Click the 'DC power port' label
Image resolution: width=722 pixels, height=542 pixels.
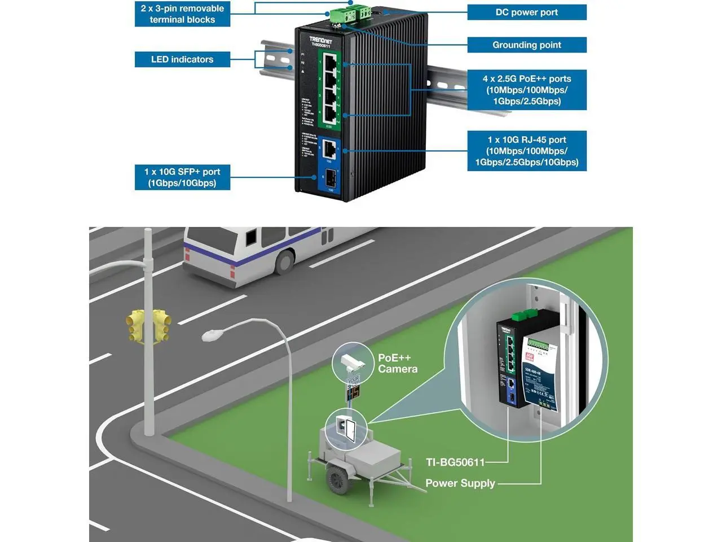click(526, 12)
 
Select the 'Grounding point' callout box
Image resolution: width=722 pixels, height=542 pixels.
click(526, 45)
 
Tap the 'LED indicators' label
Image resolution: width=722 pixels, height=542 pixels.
click(182, 59)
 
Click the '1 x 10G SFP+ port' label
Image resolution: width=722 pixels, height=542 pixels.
click(182, 177)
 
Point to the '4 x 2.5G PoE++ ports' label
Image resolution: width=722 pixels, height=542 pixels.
click(526, 90)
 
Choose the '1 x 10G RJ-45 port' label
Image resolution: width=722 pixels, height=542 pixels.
click(526, 151)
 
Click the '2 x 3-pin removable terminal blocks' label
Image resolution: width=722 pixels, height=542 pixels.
click(182, 14)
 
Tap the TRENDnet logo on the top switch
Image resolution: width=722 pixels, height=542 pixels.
click(320, 40)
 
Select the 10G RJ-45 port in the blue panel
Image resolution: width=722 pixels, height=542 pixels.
click(329, 150)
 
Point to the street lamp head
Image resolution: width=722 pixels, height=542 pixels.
click(212, 335)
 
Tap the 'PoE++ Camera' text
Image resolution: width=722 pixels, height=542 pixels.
click(398, 364)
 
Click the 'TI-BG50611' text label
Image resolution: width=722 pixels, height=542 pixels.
click(455, 462)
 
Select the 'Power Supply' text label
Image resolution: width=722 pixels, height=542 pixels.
click(460, 483)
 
